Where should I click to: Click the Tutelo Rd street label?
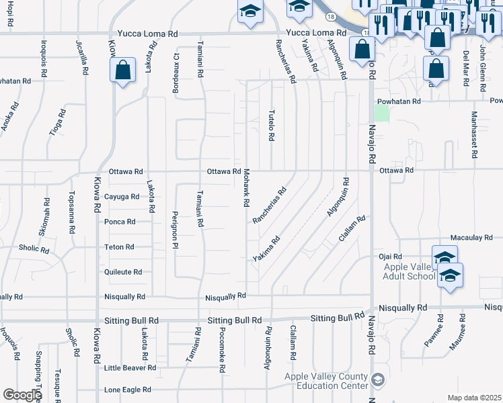coord(272,125)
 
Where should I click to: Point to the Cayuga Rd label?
coord(122,197)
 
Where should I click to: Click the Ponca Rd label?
coord(120,222)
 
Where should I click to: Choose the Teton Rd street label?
coord(119,247)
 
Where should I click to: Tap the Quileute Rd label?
coord(123,272)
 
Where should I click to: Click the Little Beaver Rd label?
coord(130,368)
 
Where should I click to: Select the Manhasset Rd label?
coord(474,135)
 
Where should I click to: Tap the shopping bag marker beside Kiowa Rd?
coord(123,71)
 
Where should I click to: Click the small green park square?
coord(381,114)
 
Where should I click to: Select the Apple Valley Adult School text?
coord(409,271)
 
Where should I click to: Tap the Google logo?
coord(22,395)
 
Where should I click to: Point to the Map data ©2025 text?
coord(474,398)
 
